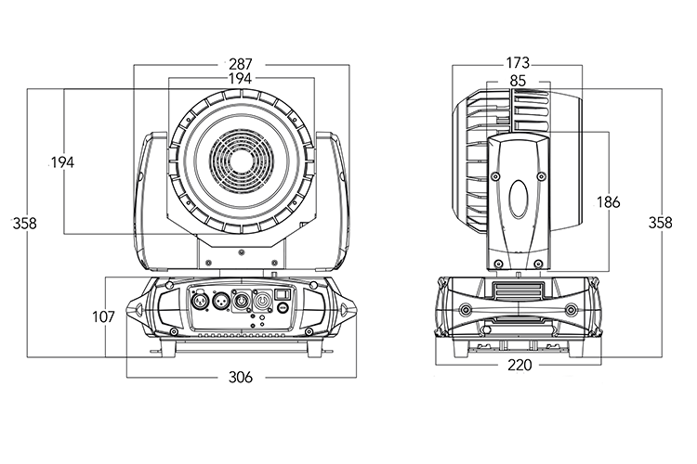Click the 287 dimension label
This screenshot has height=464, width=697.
(x=241, y=64)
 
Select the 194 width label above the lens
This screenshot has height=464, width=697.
(x=241, y=80)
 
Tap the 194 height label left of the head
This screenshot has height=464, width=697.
(x=61, y=162)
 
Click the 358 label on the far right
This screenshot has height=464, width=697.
(x=660, y=223)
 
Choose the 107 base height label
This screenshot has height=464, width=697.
(x=103, y=316)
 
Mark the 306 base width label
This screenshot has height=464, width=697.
(x=241, y=377)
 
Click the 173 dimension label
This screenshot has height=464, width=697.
(x=518, y=64)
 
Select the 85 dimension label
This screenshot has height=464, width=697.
(x=518, y=81)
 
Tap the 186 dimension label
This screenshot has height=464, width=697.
(x=609, y=201)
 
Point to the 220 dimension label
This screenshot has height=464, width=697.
(x=519, y=366)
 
